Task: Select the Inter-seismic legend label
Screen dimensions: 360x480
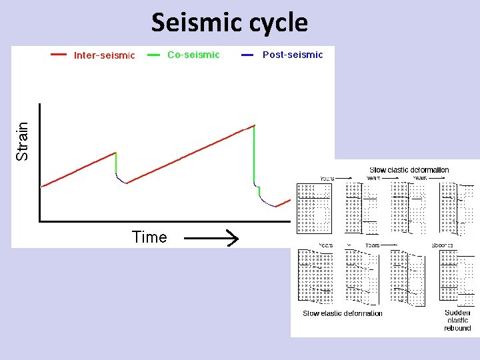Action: click(x=104, y=55)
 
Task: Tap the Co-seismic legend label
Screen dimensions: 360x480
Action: click(x=193, y=55)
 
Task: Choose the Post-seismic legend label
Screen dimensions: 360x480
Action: click(x=293, y=55)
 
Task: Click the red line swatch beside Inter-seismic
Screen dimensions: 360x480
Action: click(x=59, y=55)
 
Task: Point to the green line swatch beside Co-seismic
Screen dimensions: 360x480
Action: click(x=153, y=55)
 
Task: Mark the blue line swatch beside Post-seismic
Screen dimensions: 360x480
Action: click(x=247, y=55)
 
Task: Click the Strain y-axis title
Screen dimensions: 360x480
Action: click(x=23, y=141)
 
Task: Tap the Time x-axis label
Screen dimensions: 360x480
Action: click(x=149, y=237)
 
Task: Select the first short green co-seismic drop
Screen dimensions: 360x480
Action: click(x=116, y=163)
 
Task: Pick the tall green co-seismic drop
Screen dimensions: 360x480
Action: click(x=254, y=154)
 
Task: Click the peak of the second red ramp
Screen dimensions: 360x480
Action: click(x=254, y=125)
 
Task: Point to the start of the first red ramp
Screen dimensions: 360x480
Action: click(x=42, y=187)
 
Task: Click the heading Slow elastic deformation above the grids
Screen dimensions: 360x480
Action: click(x=409, y=170)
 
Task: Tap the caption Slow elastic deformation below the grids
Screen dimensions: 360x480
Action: click(x=343, y=313)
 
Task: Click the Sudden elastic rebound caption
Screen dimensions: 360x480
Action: click(x=457, y=320)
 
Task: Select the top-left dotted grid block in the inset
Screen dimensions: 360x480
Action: click(x=314, y=208)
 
